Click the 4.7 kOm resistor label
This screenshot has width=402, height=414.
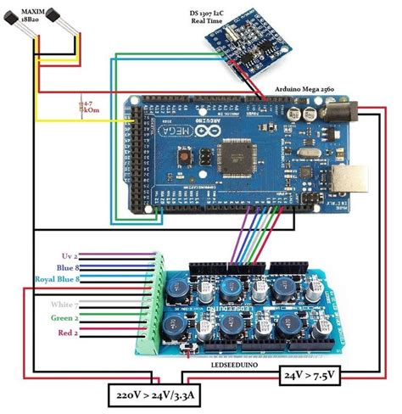point(88,108)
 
